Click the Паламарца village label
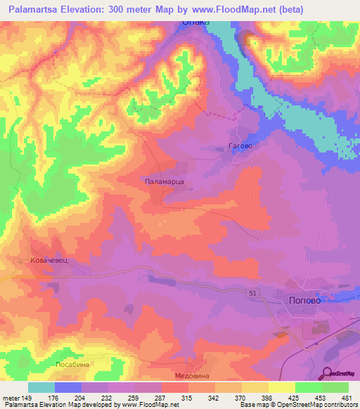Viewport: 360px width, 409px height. [164, 181]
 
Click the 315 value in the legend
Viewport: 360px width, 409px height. [186, 397]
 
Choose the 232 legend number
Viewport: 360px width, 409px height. [107, 397]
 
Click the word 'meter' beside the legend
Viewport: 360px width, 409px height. [10, 397]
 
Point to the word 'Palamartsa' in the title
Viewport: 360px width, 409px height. [39, 9]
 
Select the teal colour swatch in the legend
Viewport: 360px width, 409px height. [41, 387]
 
